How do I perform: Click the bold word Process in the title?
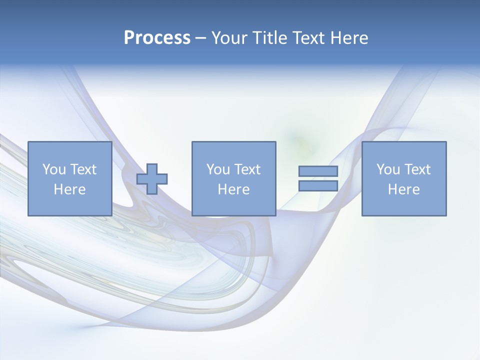[157, 38]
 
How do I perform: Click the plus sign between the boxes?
[152, 178]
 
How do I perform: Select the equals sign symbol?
[318, 178]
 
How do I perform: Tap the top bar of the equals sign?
[318, 171]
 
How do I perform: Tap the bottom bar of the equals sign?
[318, 185]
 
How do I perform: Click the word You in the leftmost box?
[53, 169]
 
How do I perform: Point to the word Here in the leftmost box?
[69, 189]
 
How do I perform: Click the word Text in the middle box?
[247, 169]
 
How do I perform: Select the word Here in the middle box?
[234, 189]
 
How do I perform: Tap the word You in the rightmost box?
[387, 169]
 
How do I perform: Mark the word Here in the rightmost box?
[404, 189]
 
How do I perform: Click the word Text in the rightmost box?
[417, 169]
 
